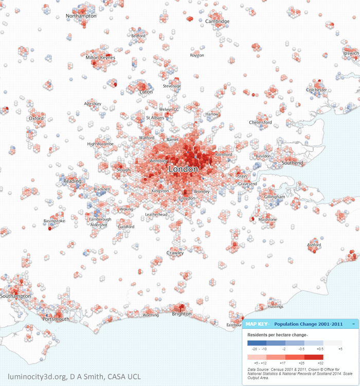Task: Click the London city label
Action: (183, 169)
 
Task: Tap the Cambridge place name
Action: (217, 21)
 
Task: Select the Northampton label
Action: (81, 16)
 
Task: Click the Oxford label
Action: (36, 118)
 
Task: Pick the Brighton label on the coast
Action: (182, 313)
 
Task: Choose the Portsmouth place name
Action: (56, 319)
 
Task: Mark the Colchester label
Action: (316, 90)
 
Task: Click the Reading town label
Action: (73, 181)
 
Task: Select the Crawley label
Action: (175, 253)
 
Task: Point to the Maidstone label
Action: (267, 219)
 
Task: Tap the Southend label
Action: (292, 163)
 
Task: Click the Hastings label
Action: (276, 307)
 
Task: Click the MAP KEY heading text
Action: (257, 324)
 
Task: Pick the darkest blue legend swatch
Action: (257, 342)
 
